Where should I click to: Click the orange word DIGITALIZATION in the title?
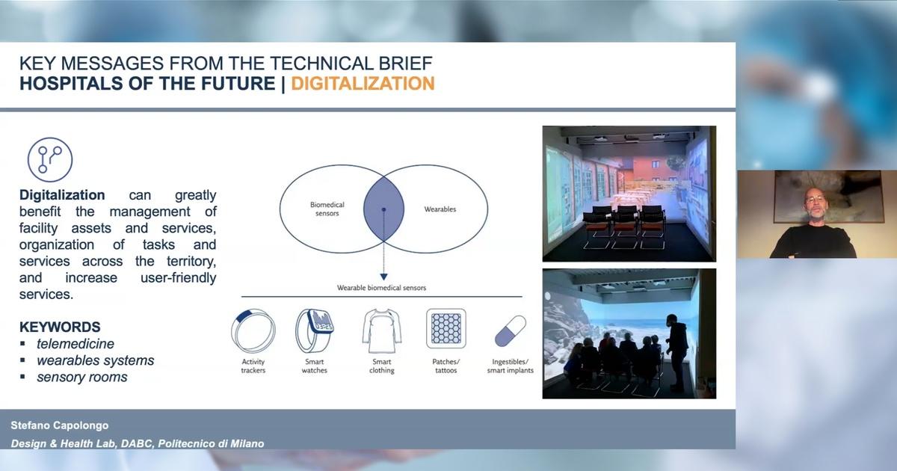pyautogui.click(x=363, y=84)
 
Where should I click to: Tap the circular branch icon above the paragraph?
pyautogui.click(x=50, y=160)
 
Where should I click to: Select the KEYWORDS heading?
pyautogui.click(x=60, y=327)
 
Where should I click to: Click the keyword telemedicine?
pyautogui.click(x=75, y=344)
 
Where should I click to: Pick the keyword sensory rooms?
pyautogui.click(x=82, y=377)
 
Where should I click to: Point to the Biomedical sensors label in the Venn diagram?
pyautogui.click(x=327, y=209)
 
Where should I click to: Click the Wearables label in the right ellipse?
pyautogui.click(x=440, y=209)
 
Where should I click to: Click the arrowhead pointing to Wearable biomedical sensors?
pyautogui.click(x=383, y=277)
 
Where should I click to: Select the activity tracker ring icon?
pyautogui.click(x=253, y=330)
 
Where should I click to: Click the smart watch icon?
pyautogui.click(x=315, y=330)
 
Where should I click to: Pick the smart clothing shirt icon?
pyautogui.click(x=382, y=330)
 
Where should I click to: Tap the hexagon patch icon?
pyautogui.click(x=446, y=328)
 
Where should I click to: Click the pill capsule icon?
pyautogui.click(x=511, y=330)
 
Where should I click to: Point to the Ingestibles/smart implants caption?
pyautogui.click(x=510, y=366)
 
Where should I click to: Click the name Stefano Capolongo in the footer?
pyautogui.click(x=60, y=425)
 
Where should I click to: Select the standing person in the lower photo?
pyautogui.click(x=676, y=352)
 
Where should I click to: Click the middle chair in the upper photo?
pyautogui.click(x=625, y=227)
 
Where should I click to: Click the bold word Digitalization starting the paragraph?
pyautogui.click(x=62, y=195)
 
